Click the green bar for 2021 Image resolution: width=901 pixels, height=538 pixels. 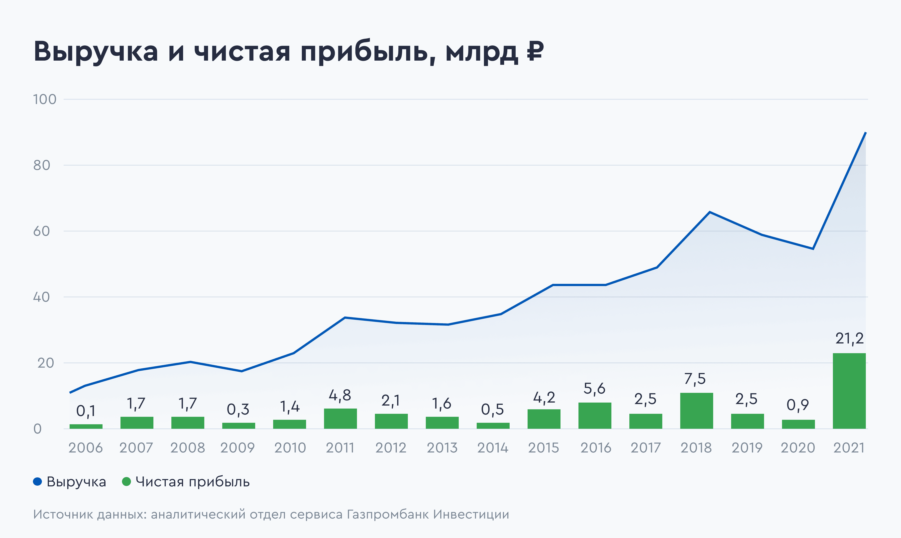[849, 391]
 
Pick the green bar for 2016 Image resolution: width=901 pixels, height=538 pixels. [595, 416]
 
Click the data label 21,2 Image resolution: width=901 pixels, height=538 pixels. [849, 339]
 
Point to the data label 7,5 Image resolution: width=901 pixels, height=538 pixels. [695, 379]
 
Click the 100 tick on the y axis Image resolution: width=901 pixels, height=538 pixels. [45, 99]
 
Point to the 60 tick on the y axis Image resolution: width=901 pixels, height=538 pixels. [41, 231]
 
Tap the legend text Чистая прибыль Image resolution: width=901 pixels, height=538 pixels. [193, 482]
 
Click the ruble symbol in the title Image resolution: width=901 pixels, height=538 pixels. [535, 51]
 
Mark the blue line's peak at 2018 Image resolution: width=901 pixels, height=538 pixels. [709, 212]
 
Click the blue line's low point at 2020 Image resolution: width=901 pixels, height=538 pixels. [813, 249]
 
